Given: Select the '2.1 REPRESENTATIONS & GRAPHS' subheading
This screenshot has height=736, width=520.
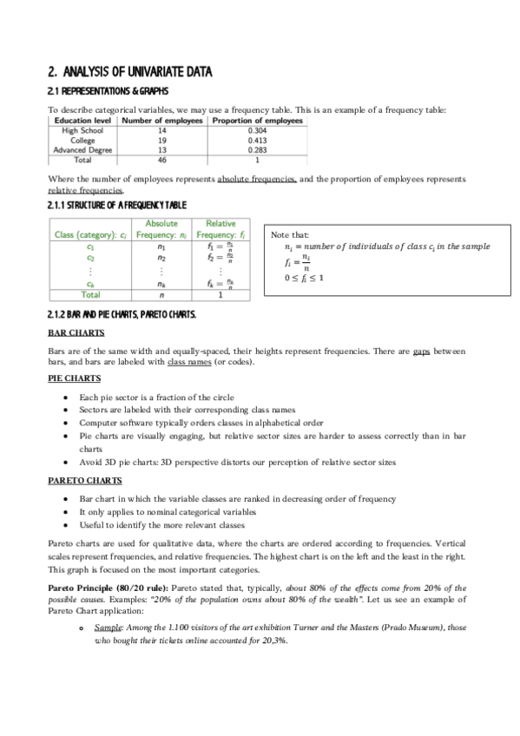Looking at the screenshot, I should [x=108, y=91].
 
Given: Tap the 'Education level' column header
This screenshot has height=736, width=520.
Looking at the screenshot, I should [x=82, y=121].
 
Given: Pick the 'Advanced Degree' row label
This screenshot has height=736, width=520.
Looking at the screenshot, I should [x=82, y=149].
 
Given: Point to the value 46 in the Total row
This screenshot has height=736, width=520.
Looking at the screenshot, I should [x=161, y=160].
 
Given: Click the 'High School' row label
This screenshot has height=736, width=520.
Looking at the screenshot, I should [x=82, y=130].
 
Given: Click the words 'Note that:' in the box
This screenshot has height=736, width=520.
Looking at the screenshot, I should [x=287, y=235].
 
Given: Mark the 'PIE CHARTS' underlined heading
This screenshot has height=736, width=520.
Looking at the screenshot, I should [x=74, y=378].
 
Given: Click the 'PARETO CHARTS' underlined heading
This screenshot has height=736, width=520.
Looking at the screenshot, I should [x=83, y=480].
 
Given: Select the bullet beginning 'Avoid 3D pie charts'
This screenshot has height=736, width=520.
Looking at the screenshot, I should [x=237, y=463].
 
